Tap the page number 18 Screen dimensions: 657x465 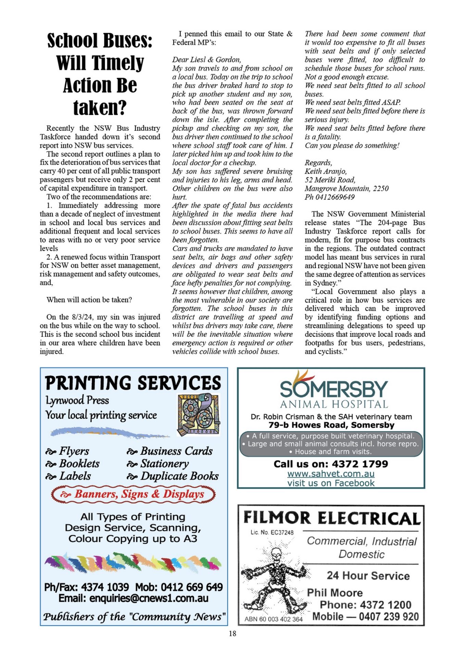click(x=232, y=633)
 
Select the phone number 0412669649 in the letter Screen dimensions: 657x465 click(x=335, y=197)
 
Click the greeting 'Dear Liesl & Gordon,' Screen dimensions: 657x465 click(x=206, y=60)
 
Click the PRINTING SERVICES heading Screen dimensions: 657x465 click(x=133, y=383)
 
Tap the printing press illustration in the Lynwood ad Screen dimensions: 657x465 click(x=198, y=414)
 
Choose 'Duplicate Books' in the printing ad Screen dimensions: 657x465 click(x=179, y=476)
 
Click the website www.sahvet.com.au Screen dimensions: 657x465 click(x=331, y=474)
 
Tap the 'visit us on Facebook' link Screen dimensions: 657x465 click(x=331, y=483)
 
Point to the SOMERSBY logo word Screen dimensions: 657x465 click(x=334, y=389)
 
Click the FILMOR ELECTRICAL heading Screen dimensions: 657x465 click(x=331, y=518)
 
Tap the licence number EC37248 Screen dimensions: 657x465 click(x=282, y=532)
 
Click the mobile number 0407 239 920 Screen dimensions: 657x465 click(x=389, y=617)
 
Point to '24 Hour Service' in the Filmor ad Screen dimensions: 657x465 click(x=368, y=576)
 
